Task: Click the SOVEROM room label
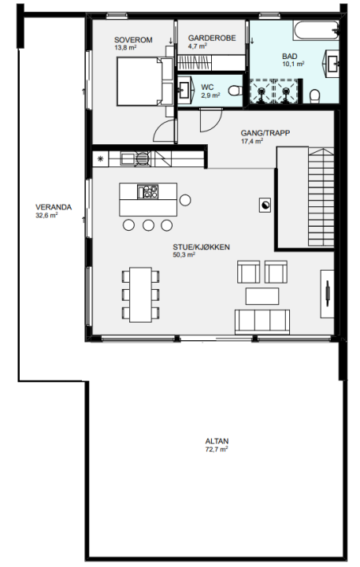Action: (x=133, y=40)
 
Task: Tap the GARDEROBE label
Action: (x=212, y=38)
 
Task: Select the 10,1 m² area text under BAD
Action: (x=293, y=64)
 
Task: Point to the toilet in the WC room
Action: (x=236, y=91)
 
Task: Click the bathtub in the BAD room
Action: (x=316, y=31)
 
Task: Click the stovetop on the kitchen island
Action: (x=147, y=191)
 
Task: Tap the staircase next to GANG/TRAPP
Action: (x=321, y=197)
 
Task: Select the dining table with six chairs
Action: (x=141, y=295)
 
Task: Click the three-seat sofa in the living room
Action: (x=262, y=321)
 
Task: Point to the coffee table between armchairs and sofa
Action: (x=262, y=296)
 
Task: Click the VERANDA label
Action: (x=54, y=207)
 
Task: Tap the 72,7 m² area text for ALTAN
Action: (x=217, y=450)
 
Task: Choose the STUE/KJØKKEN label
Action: (x=201, y=247)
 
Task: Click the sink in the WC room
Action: (x=184, y=90)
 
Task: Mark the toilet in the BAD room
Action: (x=315, y=95)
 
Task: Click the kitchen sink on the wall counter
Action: (x=128, y=159)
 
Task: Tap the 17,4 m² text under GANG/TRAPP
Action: (x=252, y=142)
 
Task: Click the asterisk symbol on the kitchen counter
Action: (x=101, y=158)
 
